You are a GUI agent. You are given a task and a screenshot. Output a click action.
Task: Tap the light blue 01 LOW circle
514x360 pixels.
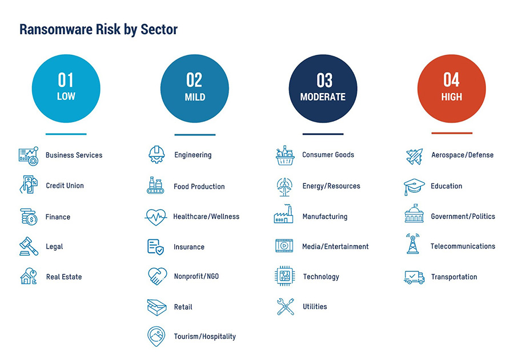click(66, 89)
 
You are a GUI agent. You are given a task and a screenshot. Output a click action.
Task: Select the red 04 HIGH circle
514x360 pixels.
click(451, 89)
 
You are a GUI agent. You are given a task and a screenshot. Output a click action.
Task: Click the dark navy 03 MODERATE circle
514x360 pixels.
click(323, 89)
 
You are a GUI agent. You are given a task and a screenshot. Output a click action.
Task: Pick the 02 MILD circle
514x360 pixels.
click(194, 89)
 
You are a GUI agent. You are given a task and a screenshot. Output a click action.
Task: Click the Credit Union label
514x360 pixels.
click(65, 186)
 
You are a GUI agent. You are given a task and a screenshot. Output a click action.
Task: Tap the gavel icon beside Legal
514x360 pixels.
click(28, 246)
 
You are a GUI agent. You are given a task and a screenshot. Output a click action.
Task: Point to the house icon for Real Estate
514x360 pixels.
click(28, 277)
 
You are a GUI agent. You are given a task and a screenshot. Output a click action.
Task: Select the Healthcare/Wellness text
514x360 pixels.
click(206, 217)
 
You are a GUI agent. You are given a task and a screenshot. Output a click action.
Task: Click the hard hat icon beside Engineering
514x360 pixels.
click(156, 154)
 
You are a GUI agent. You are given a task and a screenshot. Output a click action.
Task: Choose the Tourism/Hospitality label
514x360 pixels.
click(204, 337)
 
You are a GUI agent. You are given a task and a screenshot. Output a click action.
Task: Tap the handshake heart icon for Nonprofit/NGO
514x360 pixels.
click(156, 277)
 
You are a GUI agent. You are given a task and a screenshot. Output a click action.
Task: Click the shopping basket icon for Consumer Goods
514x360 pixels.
click(284, 155)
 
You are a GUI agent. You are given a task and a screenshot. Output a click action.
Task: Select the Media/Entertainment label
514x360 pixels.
click(335, 246)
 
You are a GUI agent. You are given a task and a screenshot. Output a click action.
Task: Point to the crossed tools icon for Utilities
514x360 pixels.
click(284, 307)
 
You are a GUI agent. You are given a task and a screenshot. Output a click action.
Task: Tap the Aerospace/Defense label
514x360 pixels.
click(462, 155)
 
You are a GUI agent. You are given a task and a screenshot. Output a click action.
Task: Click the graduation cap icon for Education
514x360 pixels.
click(414, 186)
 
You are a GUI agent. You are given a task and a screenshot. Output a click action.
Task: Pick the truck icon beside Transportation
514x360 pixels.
click(414, 277)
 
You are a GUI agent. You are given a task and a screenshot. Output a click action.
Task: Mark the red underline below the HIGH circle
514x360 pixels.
click(451, 133)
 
